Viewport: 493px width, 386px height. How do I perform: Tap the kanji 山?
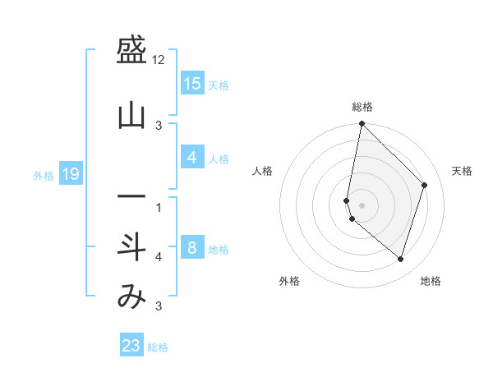tap(131, 117)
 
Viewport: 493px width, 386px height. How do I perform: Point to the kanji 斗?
tap(131, 246)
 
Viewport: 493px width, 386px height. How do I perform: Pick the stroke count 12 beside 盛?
tap(159, 60)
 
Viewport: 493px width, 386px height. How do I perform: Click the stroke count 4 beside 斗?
tap(159, 257)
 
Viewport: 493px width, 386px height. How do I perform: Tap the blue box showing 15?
tap(191, 83)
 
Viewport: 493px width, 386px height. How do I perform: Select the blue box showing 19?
tap(70, 173)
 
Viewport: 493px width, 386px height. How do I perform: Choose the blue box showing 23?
tap(131, 346)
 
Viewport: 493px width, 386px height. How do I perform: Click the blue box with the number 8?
tap(191, 247)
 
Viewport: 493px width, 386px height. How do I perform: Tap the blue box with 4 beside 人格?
tap(191, 158)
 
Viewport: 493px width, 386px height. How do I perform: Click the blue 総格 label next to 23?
tap(158, 347)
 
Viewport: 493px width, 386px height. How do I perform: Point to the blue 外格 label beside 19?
tap(44, 175)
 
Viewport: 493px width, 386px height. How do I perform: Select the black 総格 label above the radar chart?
tap(362, 107)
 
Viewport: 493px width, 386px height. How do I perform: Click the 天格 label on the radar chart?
tap(462, 171)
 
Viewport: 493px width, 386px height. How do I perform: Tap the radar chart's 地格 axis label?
tap(431, 281)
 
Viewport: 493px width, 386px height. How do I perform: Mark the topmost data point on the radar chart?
tap(362, 124)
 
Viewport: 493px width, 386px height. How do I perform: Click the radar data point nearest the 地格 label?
tap(401, 259)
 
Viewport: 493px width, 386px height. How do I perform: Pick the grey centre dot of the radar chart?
tap(362, 204)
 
